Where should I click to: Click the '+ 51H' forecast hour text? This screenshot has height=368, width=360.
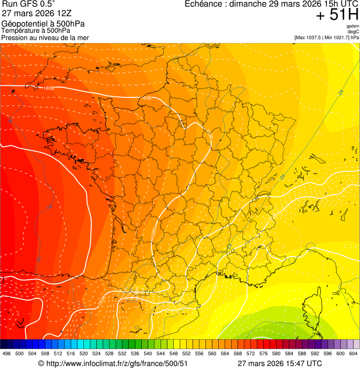coord(337,15)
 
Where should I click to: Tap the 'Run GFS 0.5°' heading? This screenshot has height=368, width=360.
coord(29,4)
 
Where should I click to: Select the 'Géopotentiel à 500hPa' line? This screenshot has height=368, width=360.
coord(43,24)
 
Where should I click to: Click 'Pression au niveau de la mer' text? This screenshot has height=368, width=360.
coord(45,37)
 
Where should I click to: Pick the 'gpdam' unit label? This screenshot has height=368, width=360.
coord(353,26)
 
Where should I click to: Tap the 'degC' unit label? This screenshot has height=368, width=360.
coord(353,32)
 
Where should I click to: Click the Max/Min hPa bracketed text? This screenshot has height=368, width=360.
coord(327,37)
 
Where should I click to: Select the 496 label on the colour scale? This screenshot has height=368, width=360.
coord(7,354)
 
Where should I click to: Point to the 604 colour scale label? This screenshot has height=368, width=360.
coord(353,354)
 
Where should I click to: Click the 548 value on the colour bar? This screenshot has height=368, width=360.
coord(173,354)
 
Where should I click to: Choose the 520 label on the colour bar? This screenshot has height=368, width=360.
coord(84,354)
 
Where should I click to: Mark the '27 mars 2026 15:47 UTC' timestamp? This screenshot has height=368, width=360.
coord(279,363)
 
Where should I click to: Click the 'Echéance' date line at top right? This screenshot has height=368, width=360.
coord(272,4)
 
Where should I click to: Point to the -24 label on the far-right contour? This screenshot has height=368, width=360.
coord(340,93)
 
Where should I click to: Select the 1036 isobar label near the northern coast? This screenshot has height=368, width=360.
coord(147,98)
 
